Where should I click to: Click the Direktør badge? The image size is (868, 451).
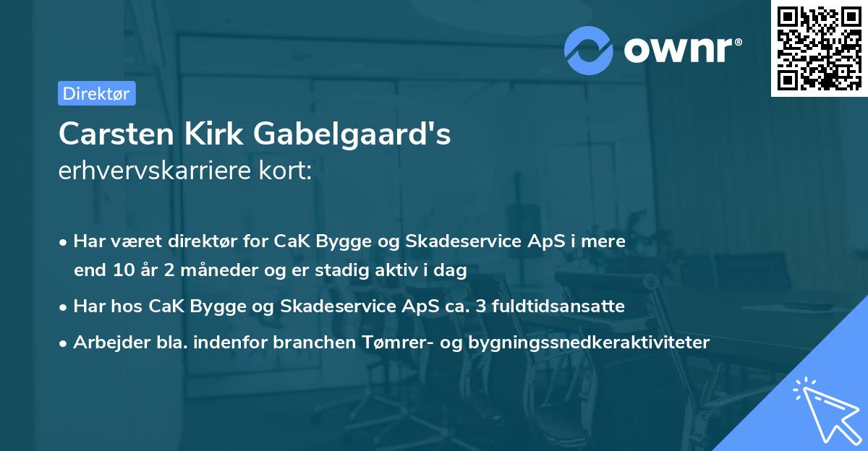(96, 93)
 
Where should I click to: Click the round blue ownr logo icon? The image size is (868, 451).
(590, 49)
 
